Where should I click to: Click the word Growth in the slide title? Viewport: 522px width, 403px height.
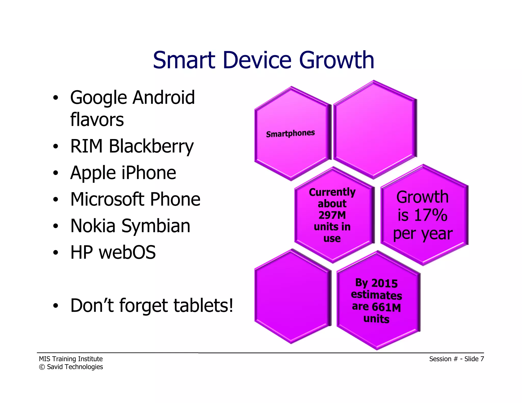pyautogui.click(x=336, y=61)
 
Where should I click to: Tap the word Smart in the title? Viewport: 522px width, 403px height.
pyautogui.click(x=184, y=61)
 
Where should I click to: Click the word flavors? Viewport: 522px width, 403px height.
pyautogui.click(x=97, y=120)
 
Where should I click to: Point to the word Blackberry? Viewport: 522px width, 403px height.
pyautogui.click(x=151, y=147)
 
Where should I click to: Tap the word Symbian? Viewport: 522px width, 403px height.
pyautogui.click(x=156, y=226)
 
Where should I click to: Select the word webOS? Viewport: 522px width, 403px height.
pyautogui.click(x=127, y=252)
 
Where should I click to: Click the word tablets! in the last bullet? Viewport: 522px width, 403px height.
pyautogui.click(x=203, y=305)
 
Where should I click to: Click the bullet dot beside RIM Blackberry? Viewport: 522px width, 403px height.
pyautogui.click(x=56, y=147)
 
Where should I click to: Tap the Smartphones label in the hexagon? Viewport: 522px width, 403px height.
pyautogui.click(x=290, y=133)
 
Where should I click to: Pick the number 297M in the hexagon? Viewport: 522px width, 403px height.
pyautogui.click(x=332, y=215)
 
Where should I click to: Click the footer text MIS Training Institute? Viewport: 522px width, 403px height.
pyautogui.click(x=71, y=359)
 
